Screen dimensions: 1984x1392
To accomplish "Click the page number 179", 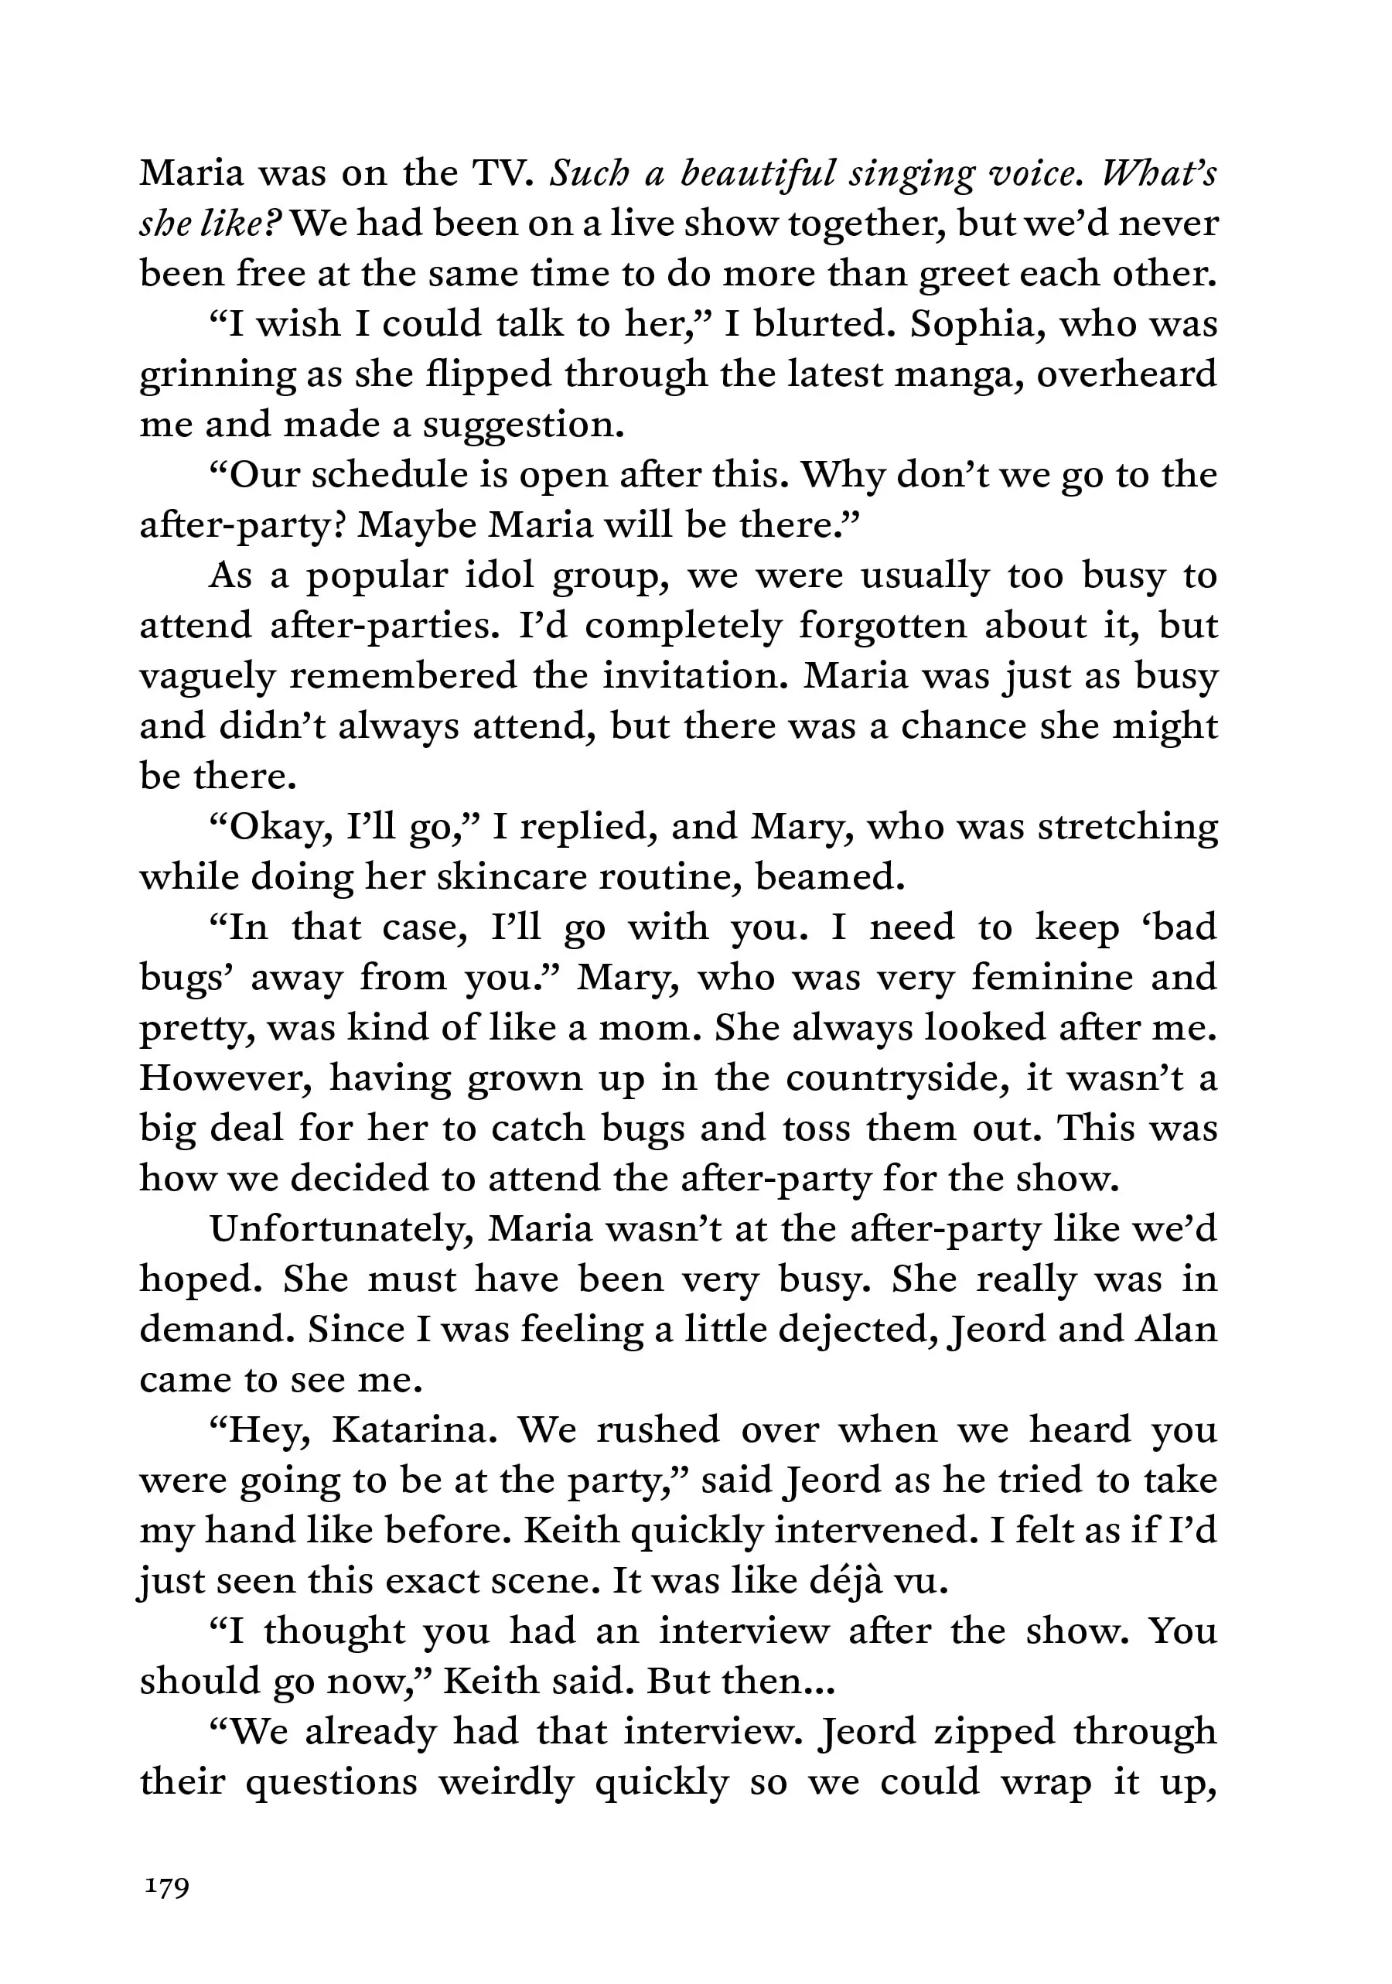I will click(167, 1886).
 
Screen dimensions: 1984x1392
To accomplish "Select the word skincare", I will click(511, 877).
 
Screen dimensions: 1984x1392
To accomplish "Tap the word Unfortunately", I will click(341, 1229).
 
